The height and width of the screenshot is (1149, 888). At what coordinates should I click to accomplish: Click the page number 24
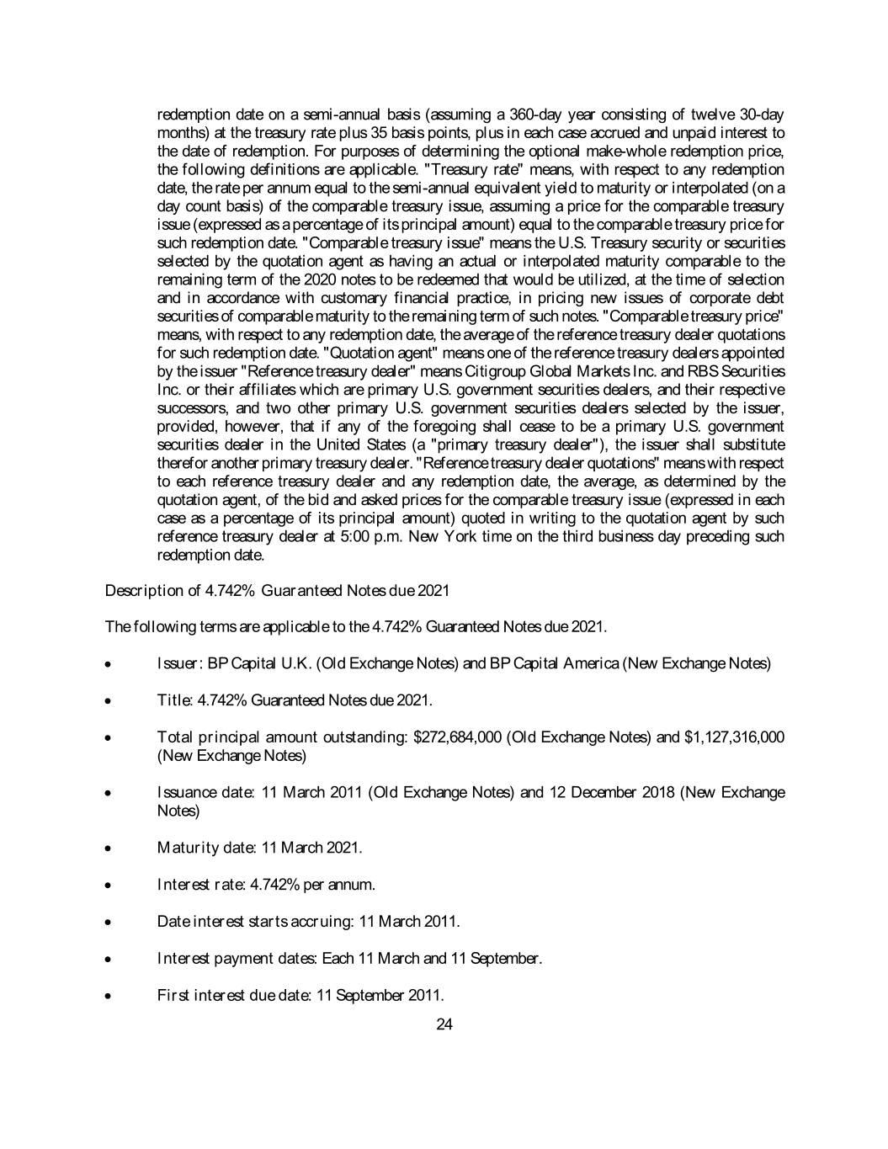tap(445, 1024)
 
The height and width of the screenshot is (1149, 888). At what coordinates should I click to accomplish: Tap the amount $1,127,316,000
tap(735, 737)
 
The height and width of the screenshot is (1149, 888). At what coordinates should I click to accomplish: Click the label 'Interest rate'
tap(194, 885)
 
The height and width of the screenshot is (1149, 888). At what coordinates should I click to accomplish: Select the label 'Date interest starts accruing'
tap(256, 922)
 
